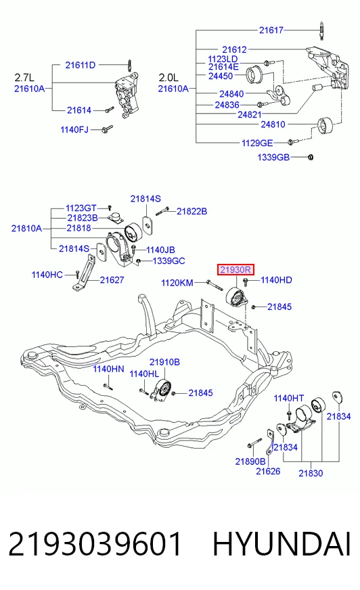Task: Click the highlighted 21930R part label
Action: [x=236, y=270]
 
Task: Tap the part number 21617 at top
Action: [x=271, y=30]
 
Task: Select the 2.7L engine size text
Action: [x=24, y=78]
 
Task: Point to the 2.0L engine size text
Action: [x=168, y=78]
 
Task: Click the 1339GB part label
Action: [x=273, y=157]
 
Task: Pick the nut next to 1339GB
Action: [x=311, y=157]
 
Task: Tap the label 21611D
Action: [x=81, y=65]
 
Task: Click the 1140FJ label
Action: [x=74, y=130]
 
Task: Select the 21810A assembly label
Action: [x=26, y=229]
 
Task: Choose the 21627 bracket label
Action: [x=112, y=280]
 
